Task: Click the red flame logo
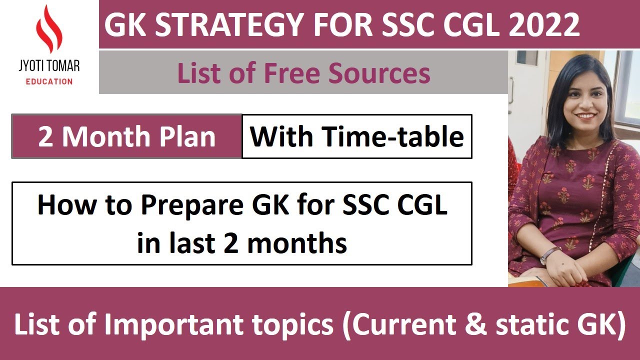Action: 49,30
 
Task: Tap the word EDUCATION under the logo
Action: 49,81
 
